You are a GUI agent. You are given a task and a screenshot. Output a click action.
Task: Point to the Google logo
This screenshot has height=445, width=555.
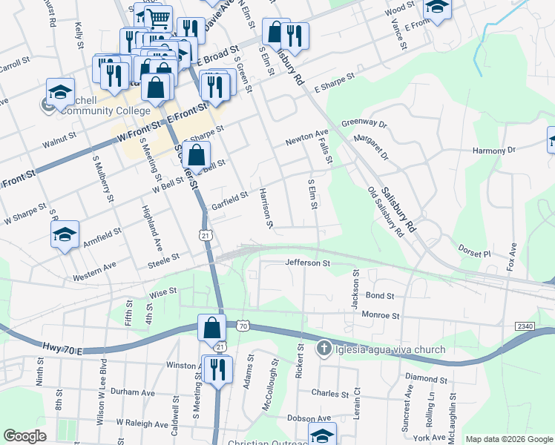[24, 436]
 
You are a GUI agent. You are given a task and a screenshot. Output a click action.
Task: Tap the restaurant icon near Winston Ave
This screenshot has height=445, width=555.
[217, 369]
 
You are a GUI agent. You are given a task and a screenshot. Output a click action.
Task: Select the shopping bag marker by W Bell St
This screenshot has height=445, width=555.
[196, 156]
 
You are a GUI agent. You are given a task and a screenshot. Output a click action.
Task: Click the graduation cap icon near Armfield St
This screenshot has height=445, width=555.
[65, 236]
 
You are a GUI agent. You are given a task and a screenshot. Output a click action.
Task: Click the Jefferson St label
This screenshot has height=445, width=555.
[306, 263]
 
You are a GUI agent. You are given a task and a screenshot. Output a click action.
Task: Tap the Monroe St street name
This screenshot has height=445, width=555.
[380, 315]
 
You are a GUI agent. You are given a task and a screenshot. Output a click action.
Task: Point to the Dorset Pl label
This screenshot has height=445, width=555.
[474, 252]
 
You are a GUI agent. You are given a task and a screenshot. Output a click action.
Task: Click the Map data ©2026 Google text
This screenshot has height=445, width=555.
[508, 439]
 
